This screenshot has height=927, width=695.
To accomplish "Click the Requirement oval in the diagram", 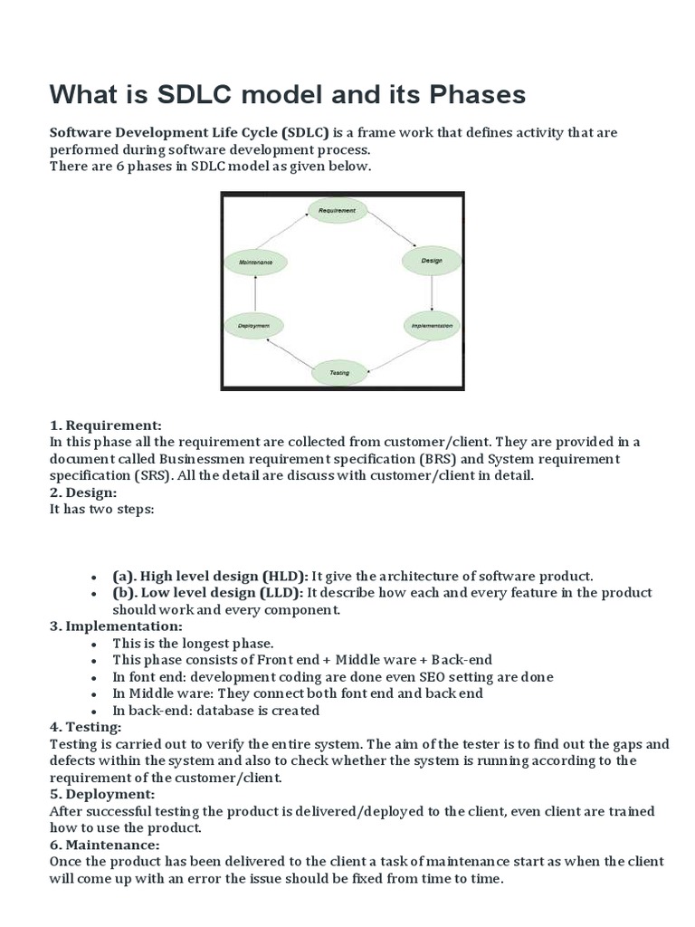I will (x=337, y=211).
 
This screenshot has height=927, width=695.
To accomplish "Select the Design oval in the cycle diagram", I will (x=432, y=261).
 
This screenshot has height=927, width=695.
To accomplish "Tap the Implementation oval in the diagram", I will (x=432, y=324).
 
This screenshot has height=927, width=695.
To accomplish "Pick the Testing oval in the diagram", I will (x=340, y=372).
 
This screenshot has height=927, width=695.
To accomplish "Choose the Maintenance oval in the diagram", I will (x=255, y=262).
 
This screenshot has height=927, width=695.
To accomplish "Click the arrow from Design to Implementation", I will (x=432, y=292).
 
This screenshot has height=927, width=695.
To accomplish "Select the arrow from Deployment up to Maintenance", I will (x=255, y=293).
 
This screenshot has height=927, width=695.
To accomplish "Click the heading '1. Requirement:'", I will (x=105, y=425).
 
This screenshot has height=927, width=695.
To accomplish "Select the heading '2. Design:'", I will (x=83, y=492).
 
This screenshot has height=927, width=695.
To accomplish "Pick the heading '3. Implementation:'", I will (x=116, y=626).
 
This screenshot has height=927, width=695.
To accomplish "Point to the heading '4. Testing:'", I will (x=85, y=727).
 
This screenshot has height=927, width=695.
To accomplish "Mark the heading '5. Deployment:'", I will (x=102, y=794).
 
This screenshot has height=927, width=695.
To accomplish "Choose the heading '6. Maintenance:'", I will (x=105, y=845).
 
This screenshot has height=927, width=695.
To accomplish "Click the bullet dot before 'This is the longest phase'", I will (x=93, y=644).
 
